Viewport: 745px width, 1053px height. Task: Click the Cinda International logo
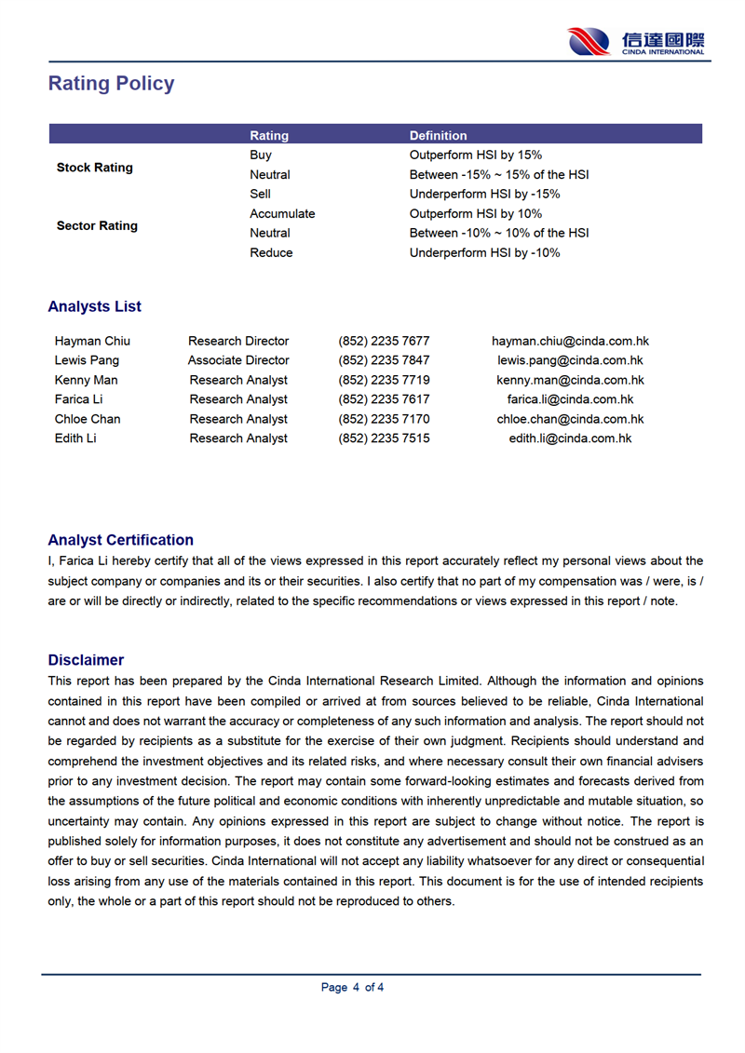click(636, 42)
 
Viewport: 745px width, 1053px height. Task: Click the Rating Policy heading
click(111, 84)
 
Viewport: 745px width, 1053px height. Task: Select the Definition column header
click(438, 136)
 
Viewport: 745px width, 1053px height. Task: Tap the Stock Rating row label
click(95, 168)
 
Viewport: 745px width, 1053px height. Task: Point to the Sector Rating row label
click(97, 226)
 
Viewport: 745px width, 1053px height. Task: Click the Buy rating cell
click(261, 155)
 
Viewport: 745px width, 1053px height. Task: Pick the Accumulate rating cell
click(282, 214)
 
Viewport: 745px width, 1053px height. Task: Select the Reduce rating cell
click(271, 253)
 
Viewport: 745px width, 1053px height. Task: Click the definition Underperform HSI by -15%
click(484, 195)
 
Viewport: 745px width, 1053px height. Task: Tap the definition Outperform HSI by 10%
click(476, 214)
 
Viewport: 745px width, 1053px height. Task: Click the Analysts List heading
click(95, 307)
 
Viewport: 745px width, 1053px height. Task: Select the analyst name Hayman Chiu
click(92, 342)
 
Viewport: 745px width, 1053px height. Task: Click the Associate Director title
click(238, 361)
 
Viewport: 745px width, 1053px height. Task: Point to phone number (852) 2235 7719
click(384, 381)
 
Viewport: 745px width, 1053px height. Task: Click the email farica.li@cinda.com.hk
click(570, 400)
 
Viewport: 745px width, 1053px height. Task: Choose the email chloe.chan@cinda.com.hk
click(570, 420)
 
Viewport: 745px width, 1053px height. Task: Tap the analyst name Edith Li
click(75, 439)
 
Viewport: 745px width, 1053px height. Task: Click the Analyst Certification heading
click(121, 541)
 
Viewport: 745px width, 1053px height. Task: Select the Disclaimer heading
click(86, 661)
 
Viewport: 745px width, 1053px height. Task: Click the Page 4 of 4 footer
click(352, 988)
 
